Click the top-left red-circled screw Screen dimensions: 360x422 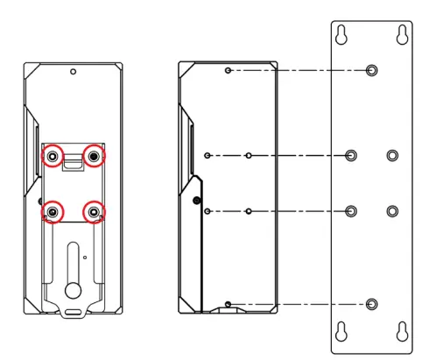pyautogui.click(x=53, y=156)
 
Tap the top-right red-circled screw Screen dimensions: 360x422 pyautogui.click(x=94, y=156)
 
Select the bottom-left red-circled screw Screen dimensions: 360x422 pyautogui.click(x=53, y=212)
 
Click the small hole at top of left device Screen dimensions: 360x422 pyautogui.click(x=74, y=71)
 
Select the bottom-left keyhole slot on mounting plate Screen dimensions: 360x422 pyautogui.click(x=341, y=331)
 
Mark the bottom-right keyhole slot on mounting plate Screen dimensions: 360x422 pyautogui.click(x=402, y=331)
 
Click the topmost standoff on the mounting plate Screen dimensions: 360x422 pyautogui.click(x=372, y=70)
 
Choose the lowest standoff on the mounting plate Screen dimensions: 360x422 pyautogui.click(x=372, y=303)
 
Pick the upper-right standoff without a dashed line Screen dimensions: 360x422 pyautogui.click(x=392, y=156)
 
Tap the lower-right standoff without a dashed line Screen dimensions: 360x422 pyautogui.click(x=392, y=211)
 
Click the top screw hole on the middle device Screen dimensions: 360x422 pyautogui.click(x=228, y=70)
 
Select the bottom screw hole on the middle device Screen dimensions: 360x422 pyautogui.click(x=228, y=303)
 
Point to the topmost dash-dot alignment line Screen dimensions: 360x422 pyautogui.click(x=298, y=70)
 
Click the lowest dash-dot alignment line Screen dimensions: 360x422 pyautogui.click(x=298, y=303)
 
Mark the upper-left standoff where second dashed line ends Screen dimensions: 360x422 pyautogui.click(x=351, y=156)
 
